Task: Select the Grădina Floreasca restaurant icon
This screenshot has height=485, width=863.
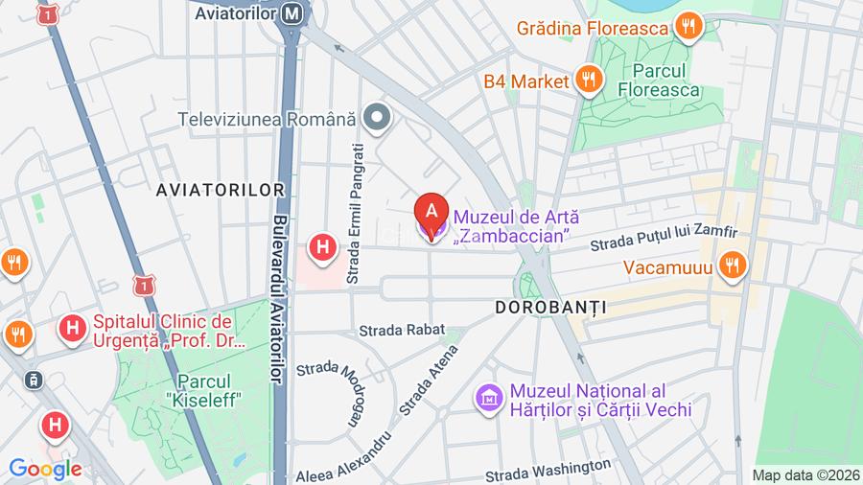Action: click(x=687, y=28)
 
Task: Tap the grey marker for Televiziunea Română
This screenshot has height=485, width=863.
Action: click(x=380, y=119)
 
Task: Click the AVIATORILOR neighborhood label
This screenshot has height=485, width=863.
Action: click(x=221, y=190)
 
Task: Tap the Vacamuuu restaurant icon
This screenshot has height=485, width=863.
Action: click(x=733, y=266)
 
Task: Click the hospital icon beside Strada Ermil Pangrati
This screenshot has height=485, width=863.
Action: click(x=323, y=247)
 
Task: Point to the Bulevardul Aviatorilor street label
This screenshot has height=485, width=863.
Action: click(x=279, y=297)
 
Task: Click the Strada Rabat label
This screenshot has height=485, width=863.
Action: click(x=402, y=330)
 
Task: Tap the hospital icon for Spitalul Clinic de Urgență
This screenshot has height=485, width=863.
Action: click(x=71, y=330)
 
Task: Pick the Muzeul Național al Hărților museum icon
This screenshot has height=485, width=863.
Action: click(x=489, y=397)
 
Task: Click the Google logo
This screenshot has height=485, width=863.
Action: click(x=45, y=469)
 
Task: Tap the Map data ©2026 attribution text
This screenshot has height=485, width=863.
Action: click(x=805, y=474)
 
